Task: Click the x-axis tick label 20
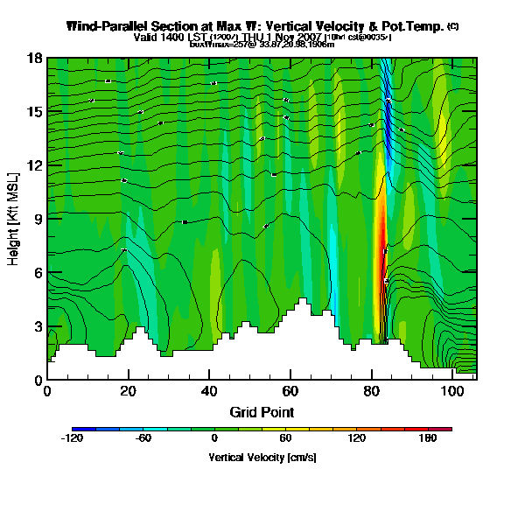point(128,389)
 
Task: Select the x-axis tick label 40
point(209,389)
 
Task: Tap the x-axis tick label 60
point(290,389)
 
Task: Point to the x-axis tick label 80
point(372,389)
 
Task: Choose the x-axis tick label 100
point(452,389)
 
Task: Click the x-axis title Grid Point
point(262,411)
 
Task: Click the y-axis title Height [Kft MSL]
point(15,219)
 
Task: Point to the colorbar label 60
point(285,438)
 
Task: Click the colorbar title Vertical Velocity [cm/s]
point(262,457)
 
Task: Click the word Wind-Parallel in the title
point(107,26)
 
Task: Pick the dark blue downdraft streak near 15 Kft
point(387,114)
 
